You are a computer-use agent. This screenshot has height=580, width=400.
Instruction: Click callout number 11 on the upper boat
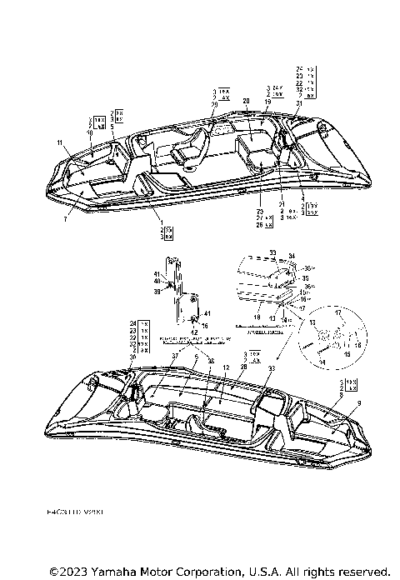click(x=60, y=143)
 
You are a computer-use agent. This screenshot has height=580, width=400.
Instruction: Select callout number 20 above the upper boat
click(x=247, y=101)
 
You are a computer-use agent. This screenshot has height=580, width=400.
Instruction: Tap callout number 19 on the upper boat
click(x=267, y=101)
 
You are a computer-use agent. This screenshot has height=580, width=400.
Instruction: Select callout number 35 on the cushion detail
click(x=305, y=280)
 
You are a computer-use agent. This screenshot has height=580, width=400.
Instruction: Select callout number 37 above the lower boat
click(x=176, y=356)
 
